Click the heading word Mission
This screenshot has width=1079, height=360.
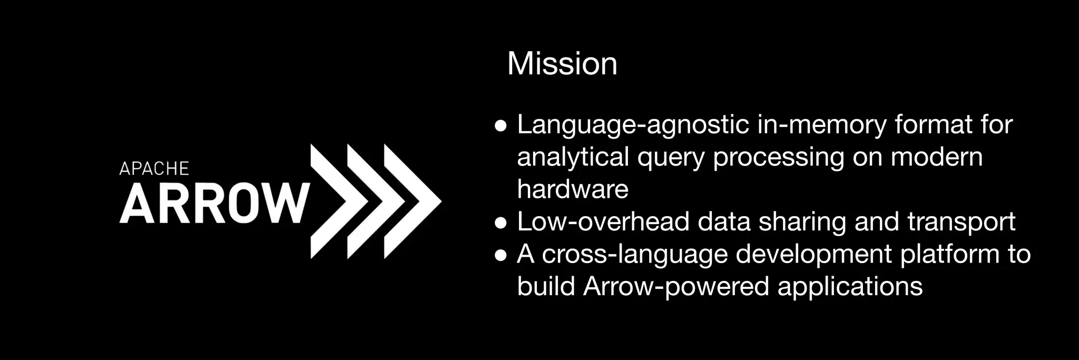562,64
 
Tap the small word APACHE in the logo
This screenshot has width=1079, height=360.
154,169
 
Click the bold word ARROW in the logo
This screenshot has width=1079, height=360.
214,203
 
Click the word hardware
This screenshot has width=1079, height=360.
573,189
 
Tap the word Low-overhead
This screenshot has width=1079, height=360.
603,222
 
